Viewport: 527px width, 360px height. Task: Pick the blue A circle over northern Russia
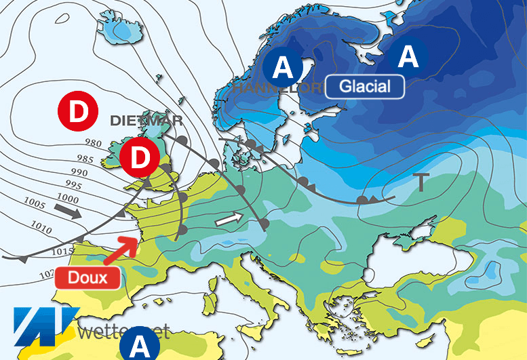[x=408, y=57]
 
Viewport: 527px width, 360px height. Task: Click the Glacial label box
[x=365, y=86]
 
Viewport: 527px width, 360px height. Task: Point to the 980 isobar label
[x=95, y=142]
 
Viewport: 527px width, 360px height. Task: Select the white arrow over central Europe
[x=228, y=219]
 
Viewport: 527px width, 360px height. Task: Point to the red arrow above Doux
[x=123, y=249]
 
